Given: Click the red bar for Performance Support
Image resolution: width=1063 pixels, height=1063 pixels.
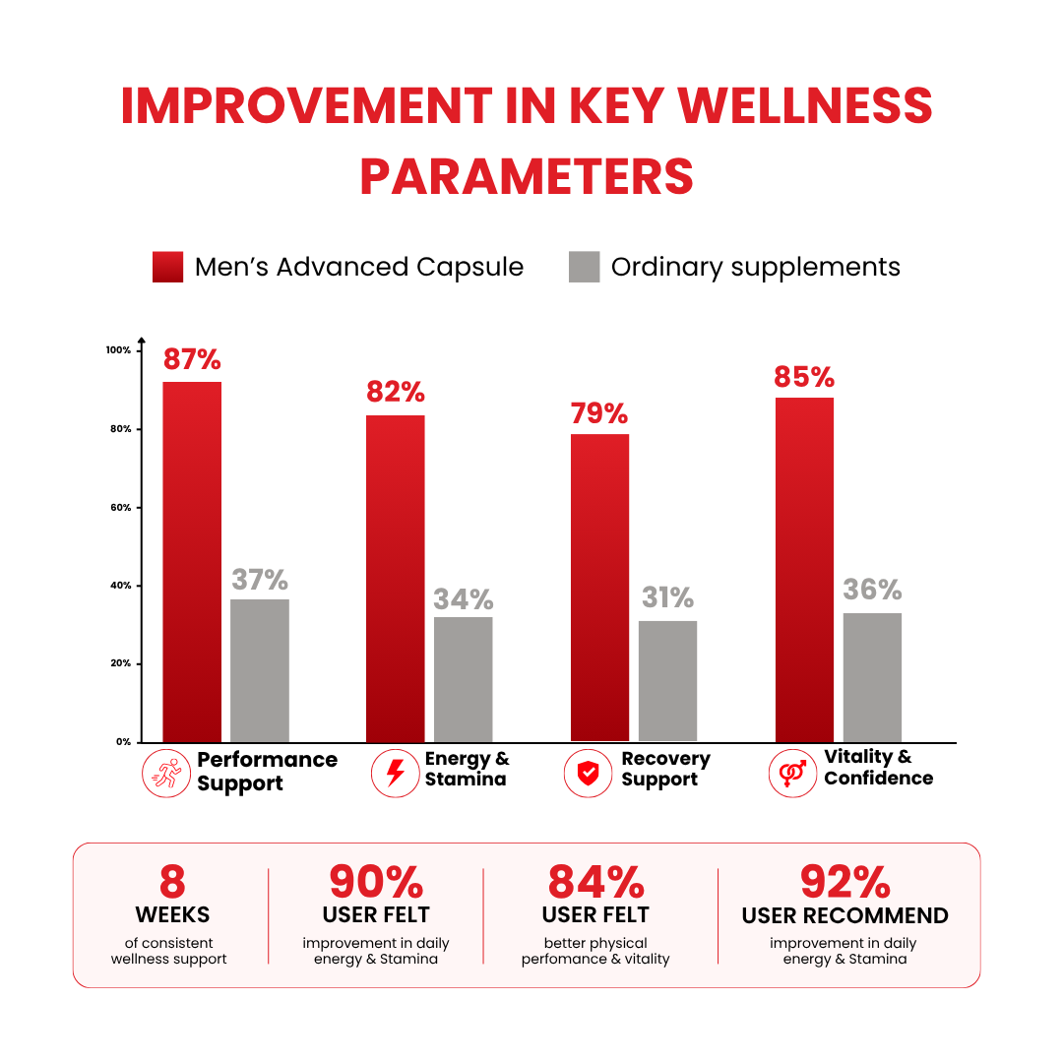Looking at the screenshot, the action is click(x=192, y=562).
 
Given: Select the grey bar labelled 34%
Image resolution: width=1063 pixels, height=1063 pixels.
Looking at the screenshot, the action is click(x=463, y=679).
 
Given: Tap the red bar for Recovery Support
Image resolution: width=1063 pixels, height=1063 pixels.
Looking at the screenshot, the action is click(x=600, y=588).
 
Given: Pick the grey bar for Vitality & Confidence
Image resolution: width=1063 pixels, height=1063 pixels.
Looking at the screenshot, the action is click(x=872, y=678).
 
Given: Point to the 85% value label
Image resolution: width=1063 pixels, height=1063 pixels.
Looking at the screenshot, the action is click(x=804, y=377).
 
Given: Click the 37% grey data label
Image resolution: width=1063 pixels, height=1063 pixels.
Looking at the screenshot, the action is click(x=260, y=580).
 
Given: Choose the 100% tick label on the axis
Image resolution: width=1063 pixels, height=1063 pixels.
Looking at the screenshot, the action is click(x=119, y=349).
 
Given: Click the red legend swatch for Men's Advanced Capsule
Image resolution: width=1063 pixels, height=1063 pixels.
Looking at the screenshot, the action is click(x=167, y=267).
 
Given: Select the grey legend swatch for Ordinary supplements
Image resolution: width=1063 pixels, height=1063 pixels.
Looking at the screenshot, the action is click(x=585, y=267).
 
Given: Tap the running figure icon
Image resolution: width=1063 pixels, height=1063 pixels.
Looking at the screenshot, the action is click(x=166, y=774).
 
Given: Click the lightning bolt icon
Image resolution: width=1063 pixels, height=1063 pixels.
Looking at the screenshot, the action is click(x=396, y=774).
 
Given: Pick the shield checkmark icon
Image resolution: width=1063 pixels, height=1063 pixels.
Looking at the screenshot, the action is click(x=588, y=774).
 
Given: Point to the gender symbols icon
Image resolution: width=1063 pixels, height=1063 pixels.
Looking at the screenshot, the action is click(x=792, y=774).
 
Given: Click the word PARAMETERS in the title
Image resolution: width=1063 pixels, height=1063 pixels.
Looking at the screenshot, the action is click(x=527, y=177).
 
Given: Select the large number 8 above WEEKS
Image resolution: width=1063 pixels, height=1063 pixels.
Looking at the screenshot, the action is click(x=172, y=882).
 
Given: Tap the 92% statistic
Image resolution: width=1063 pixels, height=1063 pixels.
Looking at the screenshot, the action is click(x=845, y=882).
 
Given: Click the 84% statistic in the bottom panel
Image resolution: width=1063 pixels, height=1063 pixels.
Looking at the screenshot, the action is click(x=595, y=882).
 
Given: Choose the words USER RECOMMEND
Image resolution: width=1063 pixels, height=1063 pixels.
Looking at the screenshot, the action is click(x=844, y=916).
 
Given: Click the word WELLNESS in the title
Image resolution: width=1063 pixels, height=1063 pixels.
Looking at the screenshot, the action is click(x=805, y=105).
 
